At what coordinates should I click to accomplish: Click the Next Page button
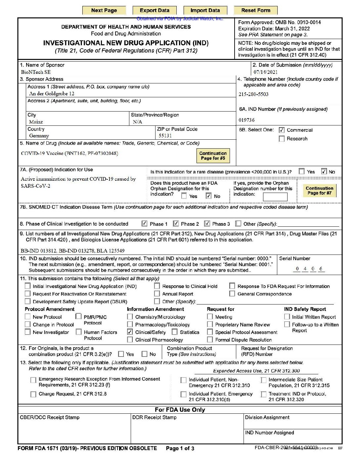click(104, 10)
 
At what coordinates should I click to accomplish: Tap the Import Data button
click(205, 10)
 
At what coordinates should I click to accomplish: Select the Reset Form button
click(255, 10)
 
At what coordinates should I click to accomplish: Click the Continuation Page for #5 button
click(213, 156)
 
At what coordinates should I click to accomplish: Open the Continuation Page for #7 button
click(319, 191)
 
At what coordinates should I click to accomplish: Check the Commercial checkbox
click(282, 130)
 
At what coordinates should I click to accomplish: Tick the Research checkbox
click(282, 139)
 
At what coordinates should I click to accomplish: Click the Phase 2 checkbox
click(176, 224)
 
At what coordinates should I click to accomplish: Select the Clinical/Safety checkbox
click(130, 332)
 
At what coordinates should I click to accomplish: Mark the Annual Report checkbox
click(157, 294)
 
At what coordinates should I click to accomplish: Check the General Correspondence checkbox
click(232, 294)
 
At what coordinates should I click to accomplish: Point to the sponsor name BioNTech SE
click(36, 72)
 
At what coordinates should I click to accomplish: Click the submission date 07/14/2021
click(265, 72)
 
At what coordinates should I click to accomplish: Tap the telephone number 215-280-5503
click(253, 94)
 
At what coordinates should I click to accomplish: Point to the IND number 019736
click(247, 120)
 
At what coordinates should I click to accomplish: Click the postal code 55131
click(165, 136)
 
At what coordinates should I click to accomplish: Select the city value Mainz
click(36, 122)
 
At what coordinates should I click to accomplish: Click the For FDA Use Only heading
click(180, 410)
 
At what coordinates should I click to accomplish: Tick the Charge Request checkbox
click(33, 394)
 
